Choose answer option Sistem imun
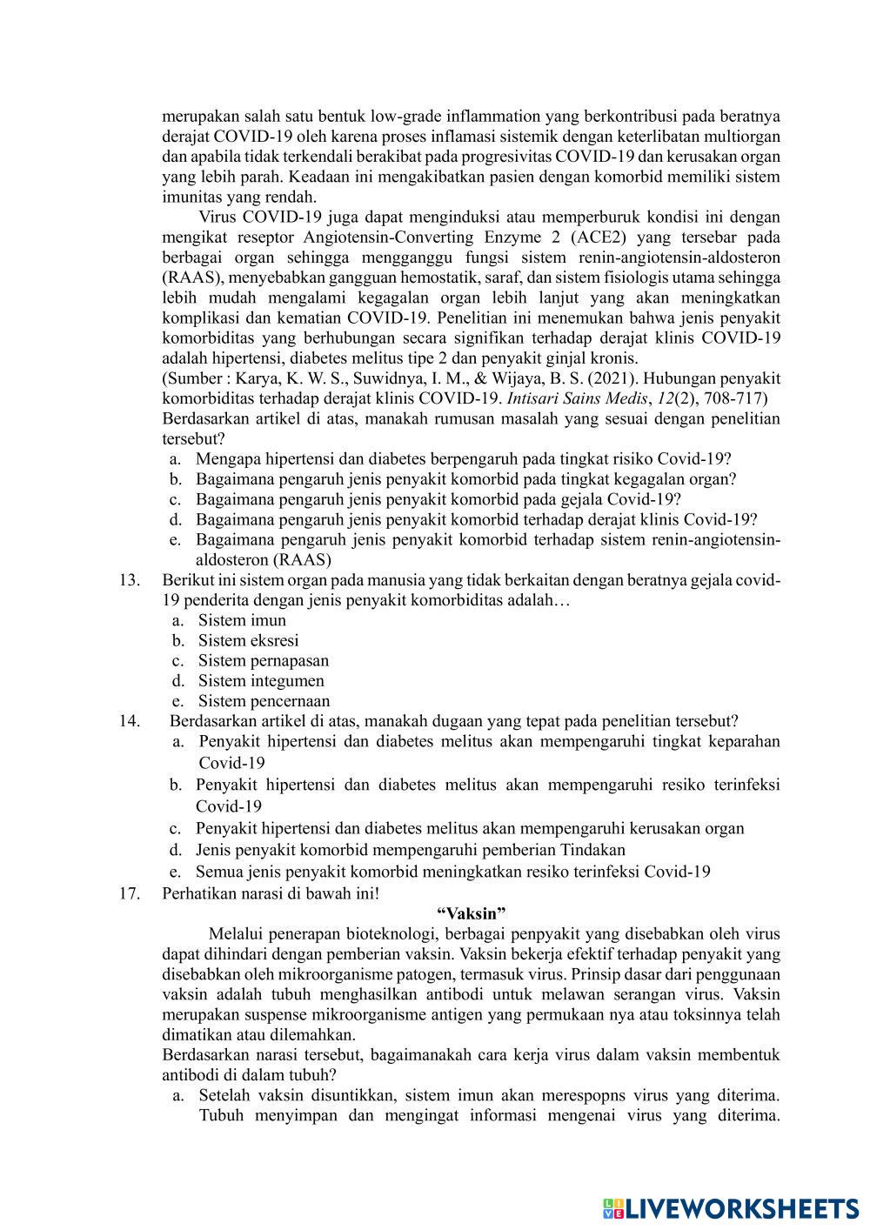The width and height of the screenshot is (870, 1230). (x=242, y=620)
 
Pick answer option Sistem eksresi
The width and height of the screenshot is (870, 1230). (x=248, y=640)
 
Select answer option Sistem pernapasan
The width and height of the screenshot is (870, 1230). (x=264, y=660)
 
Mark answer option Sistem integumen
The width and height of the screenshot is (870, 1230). (x=261, y=680)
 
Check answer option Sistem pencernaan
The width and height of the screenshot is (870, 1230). (x=264, y=700)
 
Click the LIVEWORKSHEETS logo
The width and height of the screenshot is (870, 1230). (x=731, y=1208)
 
